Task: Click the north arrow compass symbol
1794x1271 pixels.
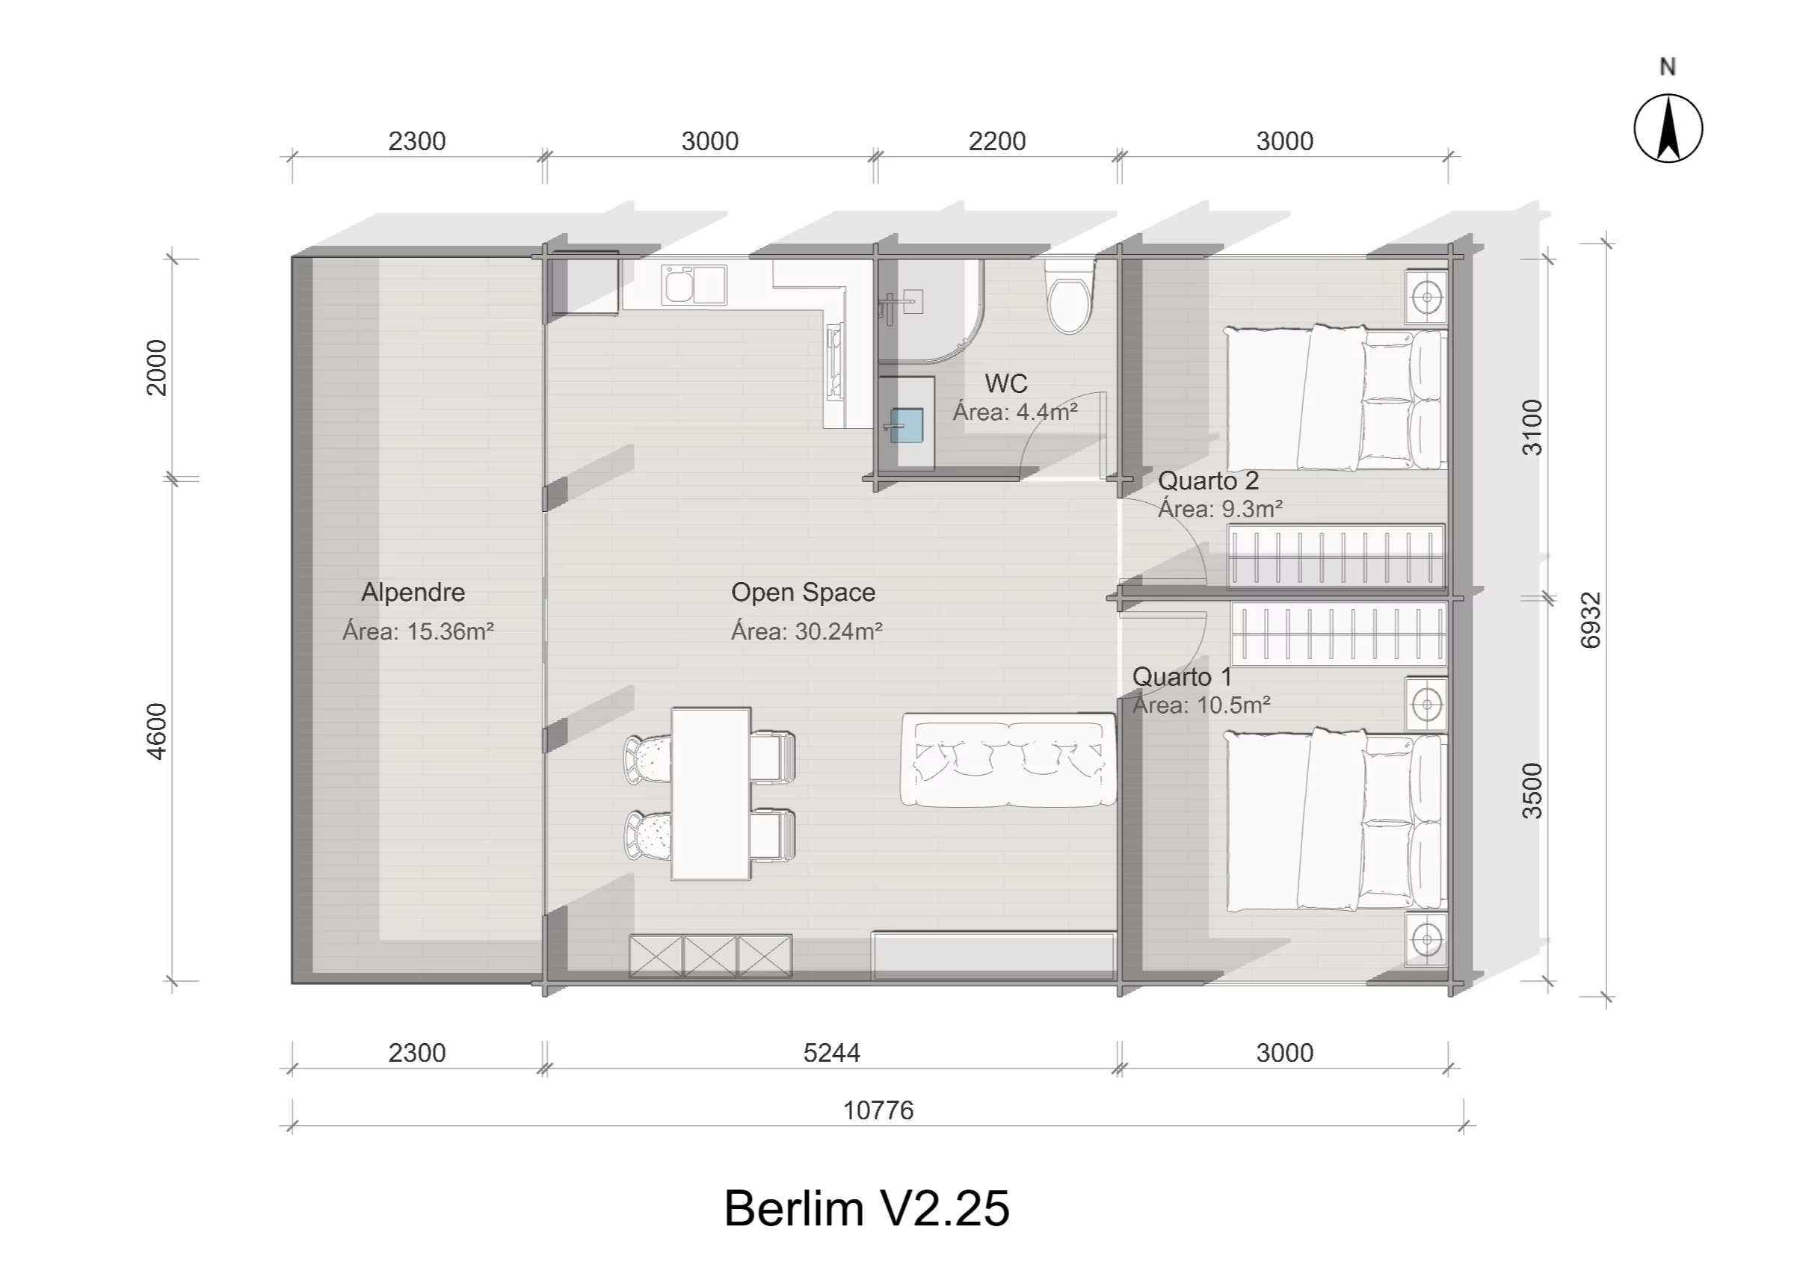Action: click(x=1667, y=129)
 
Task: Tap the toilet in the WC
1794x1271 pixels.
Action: click(x=1068, y=300)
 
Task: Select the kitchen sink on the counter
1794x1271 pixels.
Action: click(x=694, y=284)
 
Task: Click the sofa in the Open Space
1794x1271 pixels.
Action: click(x=1008, y=761)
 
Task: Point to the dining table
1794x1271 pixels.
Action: click(x=711, y=794)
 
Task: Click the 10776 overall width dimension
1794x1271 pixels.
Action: click(x=878, y=1110)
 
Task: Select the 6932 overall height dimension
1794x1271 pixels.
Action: click(x=1591, y=620)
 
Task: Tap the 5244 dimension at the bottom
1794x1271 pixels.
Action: click(x=831, y=1054)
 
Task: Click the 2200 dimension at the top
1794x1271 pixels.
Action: click(x=996, y=142)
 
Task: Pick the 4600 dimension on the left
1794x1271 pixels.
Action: click(x=157, y=731)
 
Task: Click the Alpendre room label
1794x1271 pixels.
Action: click(x=413, y=593)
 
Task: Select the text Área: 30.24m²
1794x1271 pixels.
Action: click(x=807, y=631)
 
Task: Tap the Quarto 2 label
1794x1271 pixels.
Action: click(x=1208, y=480)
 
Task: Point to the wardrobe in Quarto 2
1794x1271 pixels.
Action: click(x=1335, y=557)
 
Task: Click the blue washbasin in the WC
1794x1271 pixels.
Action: click(x=907, y=426)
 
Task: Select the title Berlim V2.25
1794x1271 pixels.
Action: click(x=866, y=1207)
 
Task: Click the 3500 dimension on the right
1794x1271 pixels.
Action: click(x=1532, y=791)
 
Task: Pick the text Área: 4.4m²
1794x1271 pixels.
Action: click(x=1014, y=412)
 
